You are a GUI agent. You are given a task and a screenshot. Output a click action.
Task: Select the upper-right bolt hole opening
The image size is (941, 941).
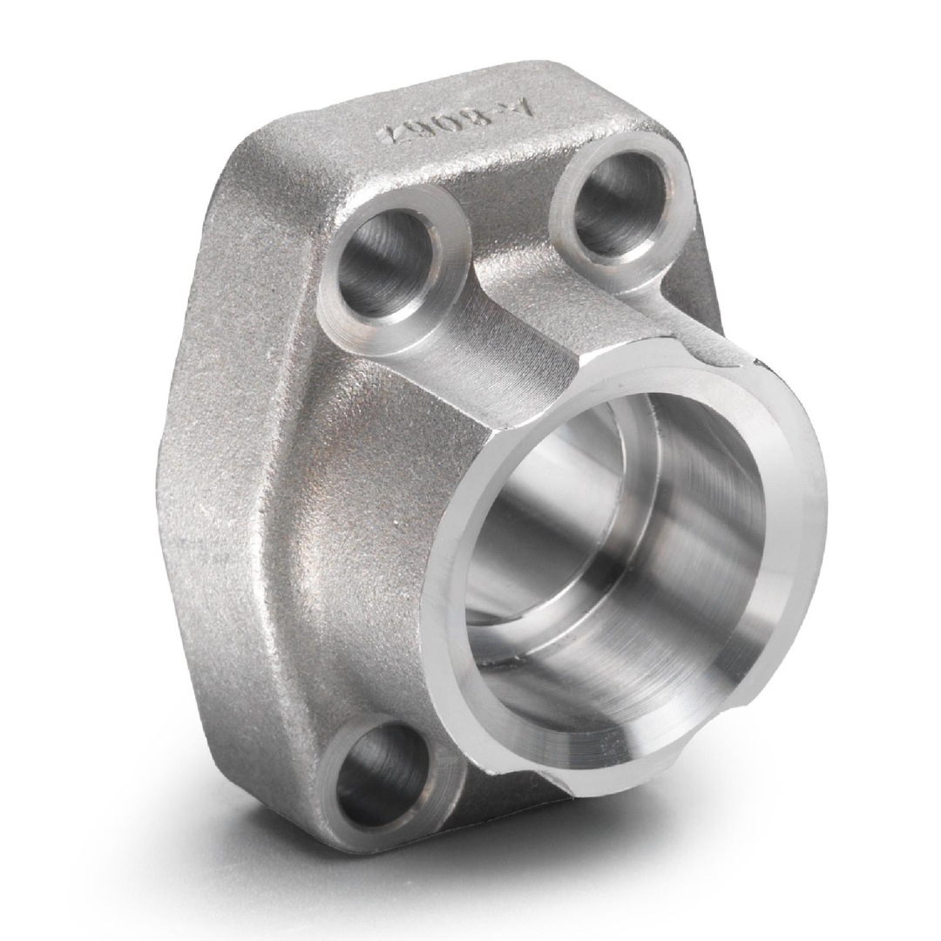click(x=619, y=205)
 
